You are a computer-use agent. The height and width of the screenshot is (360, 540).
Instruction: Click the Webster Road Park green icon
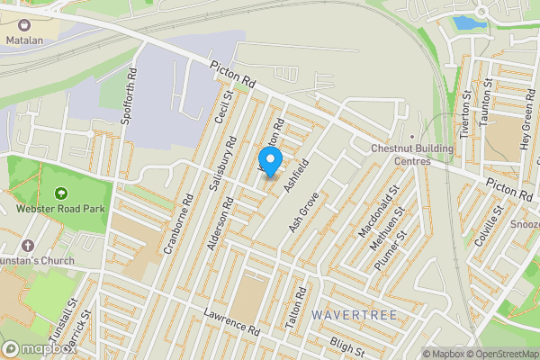coord(60,193)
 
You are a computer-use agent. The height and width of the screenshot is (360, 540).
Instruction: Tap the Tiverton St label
coord(465,113)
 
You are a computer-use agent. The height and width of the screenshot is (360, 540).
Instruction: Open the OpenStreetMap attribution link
coord(500,354)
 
